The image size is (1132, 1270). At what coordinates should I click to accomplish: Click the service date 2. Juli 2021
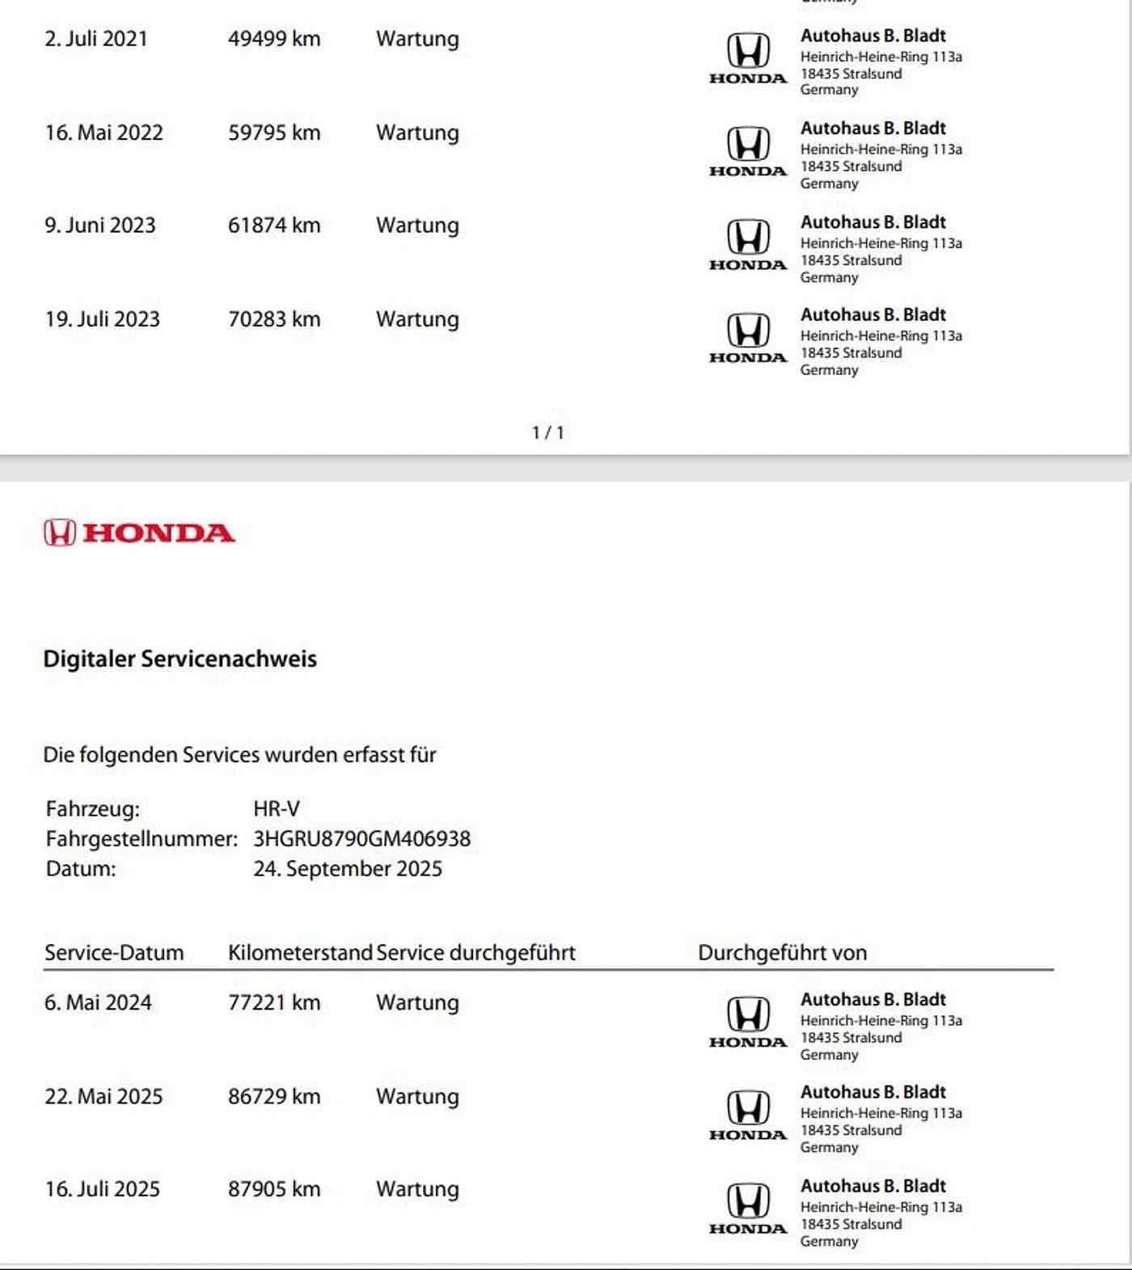click(96, 39)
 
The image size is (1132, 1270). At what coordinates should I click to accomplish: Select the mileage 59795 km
click(274, 133)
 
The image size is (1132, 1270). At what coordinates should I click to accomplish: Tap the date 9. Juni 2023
click(100, 226)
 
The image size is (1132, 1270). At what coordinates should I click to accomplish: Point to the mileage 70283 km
click(274, 319)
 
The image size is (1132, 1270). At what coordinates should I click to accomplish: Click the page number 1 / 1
click(548, 433)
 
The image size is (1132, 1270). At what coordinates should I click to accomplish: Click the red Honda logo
click(139, 533)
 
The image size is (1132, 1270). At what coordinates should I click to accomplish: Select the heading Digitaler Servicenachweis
click(180, 659)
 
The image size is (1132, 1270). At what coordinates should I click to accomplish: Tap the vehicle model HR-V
click(277, 809)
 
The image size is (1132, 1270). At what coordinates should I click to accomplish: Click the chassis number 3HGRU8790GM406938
click(361, 839)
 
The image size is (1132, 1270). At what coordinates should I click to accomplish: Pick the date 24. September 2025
click(348, 869)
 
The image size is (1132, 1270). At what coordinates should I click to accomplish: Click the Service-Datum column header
click(114, 953)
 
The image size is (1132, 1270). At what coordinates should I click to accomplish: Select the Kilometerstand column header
click(300, 953)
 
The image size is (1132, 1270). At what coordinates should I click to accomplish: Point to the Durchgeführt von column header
click(782, 953)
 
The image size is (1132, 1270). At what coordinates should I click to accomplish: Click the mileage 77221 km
click(274, 1003)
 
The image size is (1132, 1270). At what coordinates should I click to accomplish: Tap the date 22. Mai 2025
click(103, 1097)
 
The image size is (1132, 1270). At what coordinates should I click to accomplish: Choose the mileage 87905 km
click(274, 1190)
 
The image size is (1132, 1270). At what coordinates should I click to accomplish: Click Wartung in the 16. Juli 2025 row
click(417, 1190)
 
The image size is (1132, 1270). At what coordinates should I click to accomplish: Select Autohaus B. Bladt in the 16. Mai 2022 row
click(872, 129)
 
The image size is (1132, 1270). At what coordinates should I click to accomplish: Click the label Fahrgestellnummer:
click(141, 839)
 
